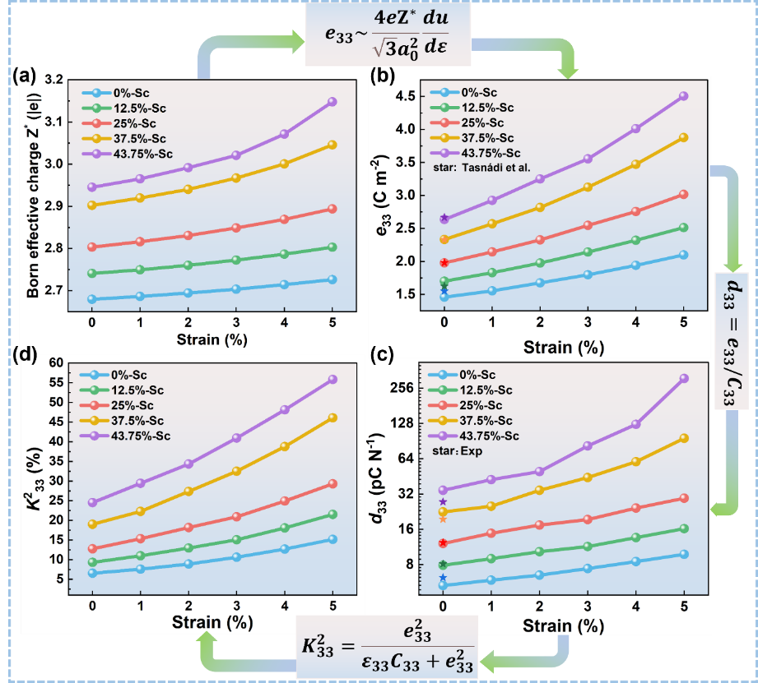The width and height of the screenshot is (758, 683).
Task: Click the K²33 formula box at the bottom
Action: tap(385, 647)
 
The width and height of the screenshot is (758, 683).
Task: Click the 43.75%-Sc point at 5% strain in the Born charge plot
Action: tap(332, 102)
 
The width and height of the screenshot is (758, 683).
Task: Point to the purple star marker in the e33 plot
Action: tap(444, 218)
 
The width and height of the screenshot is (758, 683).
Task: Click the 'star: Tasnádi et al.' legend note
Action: tap(481, 167)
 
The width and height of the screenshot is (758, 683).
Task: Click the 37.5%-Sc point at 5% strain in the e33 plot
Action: tap(683, 138)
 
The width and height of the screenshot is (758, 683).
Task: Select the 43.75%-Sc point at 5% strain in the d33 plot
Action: tap(683, 379)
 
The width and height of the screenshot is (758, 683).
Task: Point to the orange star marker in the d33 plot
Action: tap(444, 519)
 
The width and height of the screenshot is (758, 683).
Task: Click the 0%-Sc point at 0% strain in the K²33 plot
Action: tap(92, 573)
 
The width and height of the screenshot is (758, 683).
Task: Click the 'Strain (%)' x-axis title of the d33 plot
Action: tap(564, 626)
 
